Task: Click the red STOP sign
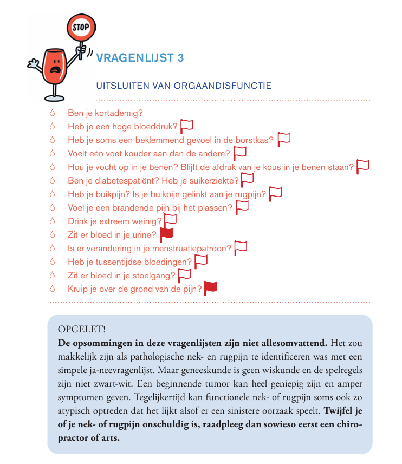pyautogui.click(x=80, y=26)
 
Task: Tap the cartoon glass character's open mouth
pyautogui.click(x=55, y=70)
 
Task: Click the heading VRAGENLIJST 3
pyautogui.click(x=140, y=58)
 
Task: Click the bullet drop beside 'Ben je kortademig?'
pyautogui.click(x=53, y=113)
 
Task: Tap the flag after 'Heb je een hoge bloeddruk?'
pyautogui.click(x=187, y=126)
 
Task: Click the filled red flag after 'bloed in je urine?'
pyautogui.click(x=166, y=234)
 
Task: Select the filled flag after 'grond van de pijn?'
pyautogui.click(x=210, y=289)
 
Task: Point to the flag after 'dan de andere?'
pyautogui.click(x=239, y=153)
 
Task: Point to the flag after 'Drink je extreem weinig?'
pyautogui.click(x=171, y=221)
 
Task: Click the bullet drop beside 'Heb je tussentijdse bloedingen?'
pyautogui.click(x=53, y=262)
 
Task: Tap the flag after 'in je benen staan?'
pyautogui.click(x=363, y=167)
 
